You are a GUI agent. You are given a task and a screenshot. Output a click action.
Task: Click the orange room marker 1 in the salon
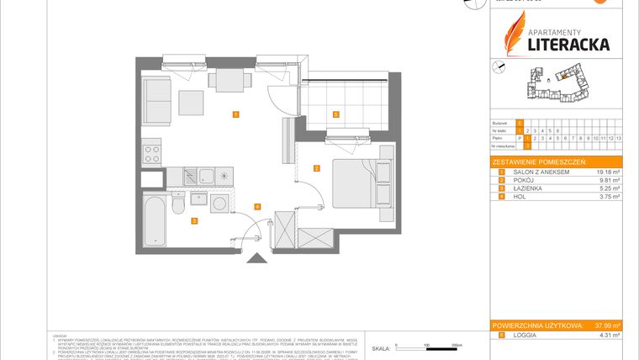(x=235, y=114)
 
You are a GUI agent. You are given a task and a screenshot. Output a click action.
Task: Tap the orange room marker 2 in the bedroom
(x=315, y=168)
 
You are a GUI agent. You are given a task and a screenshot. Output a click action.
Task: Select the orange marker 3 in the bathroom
(x=193, y=221)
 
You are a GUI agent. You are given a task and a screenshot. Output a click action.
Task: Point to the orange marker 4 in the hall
(x=256, y=206)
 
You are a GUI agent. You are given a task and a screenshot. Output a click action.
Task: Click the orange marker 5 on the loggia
(x=335, y=114)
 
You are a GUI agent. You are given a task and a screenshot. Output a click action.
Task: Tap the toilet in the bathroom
(x=177, y=204)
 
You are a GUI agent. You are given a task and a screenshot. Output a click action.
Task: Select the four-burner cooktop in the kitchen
(x=153, y=153)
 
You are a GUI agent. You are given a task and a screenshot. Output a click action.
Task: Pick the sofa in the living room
(x=156, y=98)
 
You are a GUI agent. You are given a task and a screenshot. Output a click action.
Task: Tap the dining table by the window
(x=228, y=80)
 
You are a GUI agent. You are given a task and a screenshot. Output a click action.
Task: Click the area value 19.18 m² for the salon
(x=607, y=172)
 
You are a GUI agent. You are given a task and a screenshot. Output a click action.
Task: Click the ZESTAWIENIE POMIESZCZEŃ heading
(x=538, y=161)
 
